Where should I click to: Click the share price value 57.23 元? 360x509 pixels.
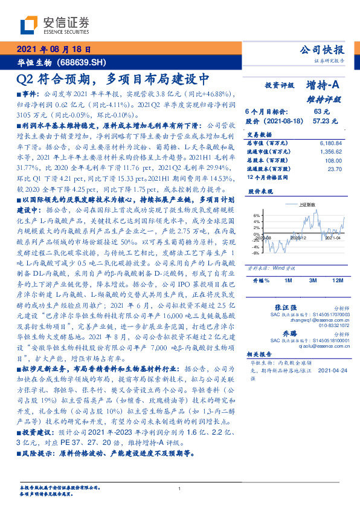click(320, 121)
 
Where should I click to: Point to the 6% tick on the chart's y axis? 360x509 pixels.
click(256, 215)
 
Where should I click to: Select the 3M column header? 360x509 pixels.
click(312, 264)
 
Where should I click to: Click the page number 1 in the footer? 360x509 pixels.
click(180, 488)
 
